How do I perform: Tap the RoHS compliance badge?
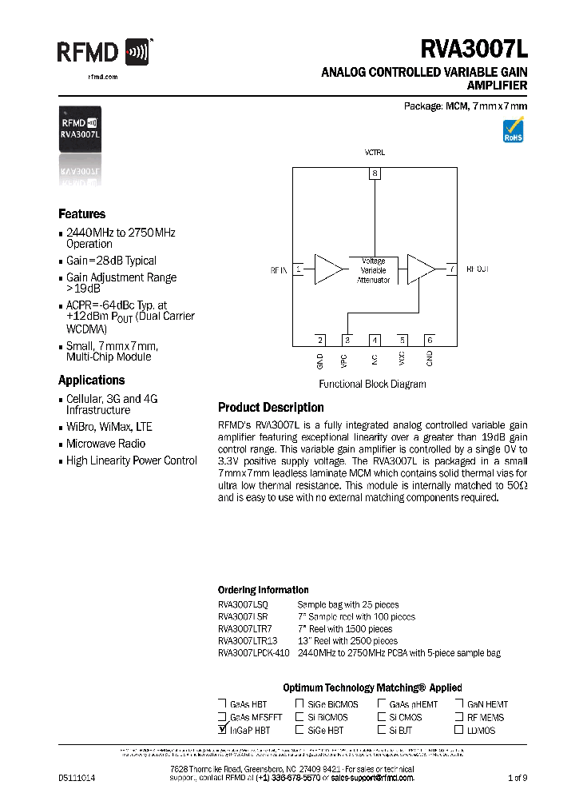click(512, 130)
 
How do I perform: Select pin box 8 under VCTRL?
click(375, 173)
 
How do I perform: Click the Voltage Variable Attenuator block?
click(373, 270)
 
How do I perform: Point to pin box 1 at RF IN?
click(299, 270)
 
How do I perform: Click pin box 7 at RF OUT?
click(451, 269)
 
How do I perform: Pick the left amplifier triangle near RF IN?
click(327, 270)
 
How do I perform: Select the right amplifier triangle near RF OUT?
click(420, 270)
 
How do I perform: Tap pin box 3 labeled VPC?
click(347, 340)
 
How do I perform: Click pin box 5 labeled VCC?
click(402, 340)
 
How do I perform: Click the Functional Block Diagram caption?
click(372, 384)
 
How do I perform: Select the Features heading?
click(81, 214)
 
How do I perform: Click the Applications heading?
click(91, 381)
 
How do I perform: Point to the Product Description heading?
click(271, 408)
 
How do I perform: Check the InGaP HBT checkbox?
click(222, 729)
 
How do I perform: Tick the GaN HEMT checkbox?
click(459, 704)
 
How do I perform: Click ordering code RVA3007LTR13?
click(248, 640)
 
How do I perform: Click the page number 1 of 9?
click(517, 777)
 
